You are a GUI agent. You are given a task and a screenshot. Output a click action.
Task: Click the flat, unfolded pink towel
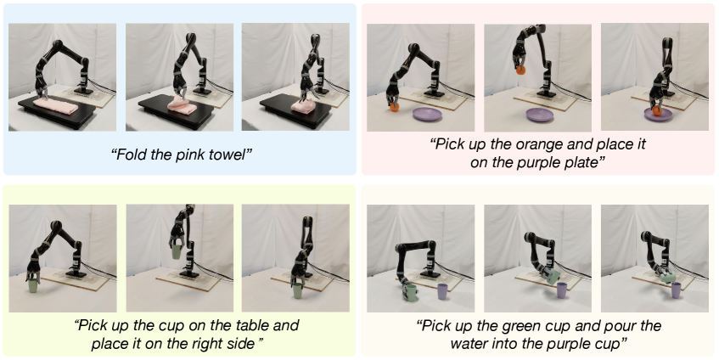pos(56,106)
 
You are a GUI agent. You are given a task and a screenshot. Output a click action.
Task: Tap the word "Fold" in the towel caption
pos(129,155)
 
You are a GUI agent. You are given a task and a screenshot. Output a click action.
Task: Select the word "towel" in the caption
pos(231,155)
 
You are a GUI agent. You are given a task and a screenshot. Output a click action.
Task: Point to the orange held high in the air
pos(520,70)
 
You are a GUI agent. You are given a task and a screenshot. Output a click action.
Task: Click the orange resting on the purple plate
pos(658,111)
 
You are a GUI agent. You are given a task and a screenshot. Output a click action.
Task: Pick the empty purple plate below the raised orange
pos(542,114)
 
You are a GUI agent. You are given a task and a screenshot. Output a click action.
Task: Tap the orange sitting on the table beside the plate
pos(395,107)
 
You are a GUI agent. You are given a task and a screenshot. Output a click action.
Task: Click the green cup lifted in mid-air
pos(176,251)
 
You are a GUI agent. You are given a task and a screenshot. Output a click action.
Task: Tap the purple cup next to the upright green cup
pos(442,292)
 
